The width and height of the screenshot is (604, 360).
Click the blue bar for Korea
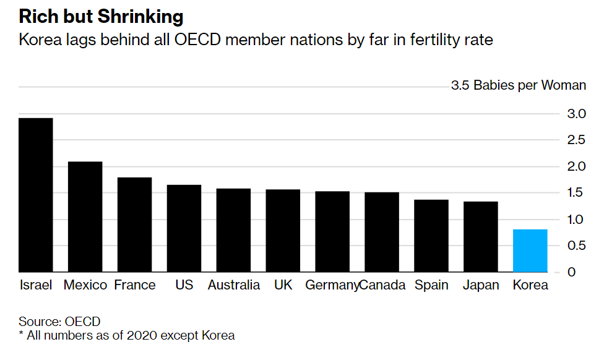[x=530, y=251]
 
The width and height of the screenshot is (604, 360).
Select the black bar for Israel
[x=36, y=195]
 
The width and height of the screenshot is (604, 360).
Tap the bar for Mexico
[x=85, y=216]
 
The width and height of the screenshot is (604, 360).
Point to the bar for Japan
[x=480, y=236]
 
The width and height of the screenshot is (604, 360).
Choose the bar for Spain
[x=431, y=236]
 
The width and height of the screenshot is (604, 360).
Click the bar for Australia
[x=233, y=230]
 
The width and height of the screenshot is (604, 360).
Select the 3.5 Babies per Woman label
[x=519, y=85]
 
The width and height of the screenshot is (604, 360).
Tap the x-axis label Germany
[x=332, y=285]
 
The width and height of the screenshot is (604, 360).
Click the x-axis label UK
[x=283, y=285]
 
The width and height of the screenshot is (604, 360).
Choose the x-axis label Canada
[x=382, y=285]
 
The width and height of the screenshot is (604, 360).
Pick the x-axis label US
[x=184, y=285]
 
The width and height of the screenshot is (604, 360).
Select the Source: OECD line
[x=59, y=322]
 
